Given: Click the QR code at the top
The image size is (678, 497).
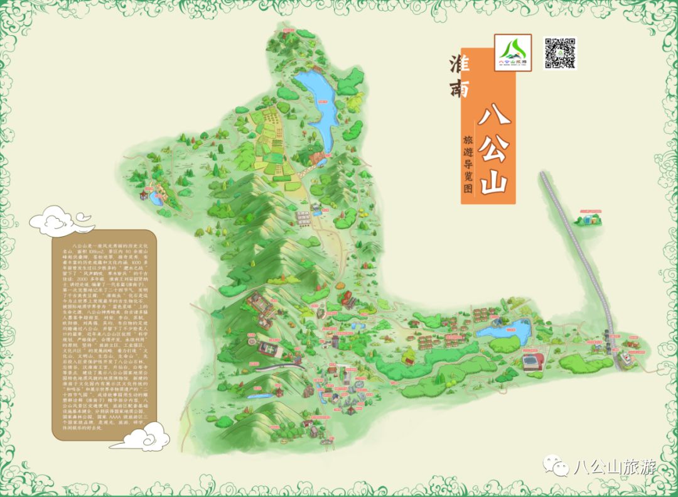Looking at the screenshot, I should click(559, 53).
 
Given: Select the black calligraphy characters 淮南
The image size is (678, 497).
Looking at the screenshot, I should click(460, 75).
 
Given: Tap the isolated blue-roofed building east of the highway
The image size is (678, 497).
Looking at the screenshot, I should click(589, 219).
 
